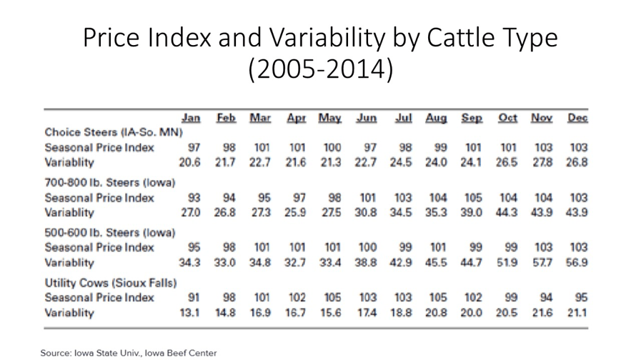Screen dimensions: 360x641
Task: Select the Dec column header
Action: (577, 119)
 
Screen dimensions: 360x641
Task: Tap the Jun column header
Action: (367, 119)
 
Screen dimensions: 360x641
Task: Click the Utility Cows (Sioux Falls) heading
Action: (110, 284)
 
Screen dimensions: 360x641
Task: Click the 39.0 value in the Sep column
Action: (471, 213)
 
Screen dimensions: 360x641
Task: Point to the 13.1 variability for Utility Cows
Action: (189, 313)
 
